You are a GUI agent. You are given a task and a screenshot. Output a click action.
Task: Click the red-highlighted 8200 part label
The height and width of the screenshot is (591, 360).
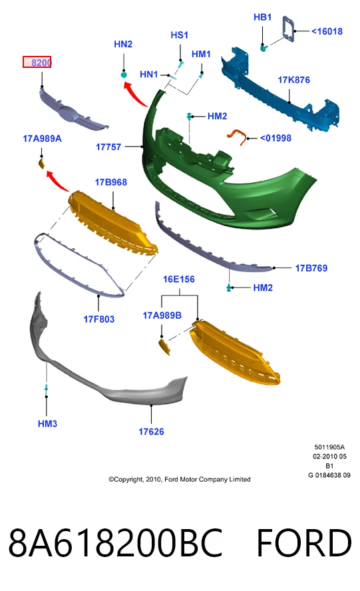coord(37,62)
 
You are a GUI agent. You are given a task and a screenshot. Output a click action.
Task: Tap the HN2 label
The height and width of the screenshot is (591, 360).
coord(123,44)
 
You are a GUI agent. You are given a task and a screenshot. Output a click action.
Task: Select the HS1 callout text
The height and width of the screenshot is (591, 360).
coord(180,35)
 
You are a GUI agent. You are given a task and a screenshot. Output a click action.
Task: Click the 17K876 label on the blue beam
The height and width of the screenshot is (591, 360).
coord(293,80)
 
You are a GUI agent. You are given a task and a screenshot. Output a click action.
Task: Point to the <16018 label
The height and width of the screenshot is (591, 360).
coord(327,31)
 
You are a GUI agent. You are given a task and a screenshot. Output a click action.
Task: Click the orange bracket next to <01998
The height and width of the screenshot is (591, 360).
coord(238,136)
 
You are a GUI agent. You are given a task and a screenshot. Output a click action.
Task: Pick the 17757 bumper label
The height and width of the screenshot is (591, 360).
coord(108,147)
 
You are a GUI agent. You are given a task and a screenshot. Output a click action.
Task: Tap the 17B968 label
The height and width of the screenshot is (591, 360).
coord(111,182)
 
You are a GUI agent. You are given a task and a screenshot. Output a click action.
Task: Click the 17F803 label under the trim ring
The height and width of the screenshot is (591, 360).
coord(98,319)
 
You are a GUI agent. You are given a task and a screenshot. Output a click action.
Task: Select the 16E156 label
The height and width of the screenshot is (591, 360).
coord(179,280)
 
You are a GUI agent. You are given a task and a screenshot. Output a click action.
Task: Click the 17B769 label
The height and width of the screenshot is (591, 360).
coord(311,268)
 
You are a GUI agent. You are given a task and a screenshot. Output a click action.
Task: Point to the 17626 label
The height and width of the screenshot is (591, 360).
coord(151,431)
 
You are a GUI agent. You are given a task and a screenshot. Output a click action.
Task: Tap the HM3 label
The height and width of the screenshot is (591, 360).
coord(47,424)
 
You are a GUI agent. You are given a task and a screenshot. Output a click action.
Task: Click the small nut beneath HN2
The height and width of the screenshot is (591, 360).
coord(124,75)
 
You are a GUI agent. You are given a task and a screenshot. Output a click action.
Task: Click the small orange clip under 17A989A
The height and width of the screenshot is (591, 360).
coord(42,164)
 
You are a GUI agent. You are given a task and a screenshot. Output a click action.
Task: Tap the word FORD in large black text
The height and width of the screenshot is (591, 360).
coord(304,543)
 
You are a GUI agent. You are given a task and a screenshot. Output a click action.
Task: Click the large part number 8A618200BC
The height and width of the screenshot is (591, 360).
coord(115,543)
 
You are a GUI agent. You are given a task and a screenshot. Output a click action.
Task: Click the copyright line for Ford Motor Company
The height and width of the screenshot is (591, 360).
coord(180,479)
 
